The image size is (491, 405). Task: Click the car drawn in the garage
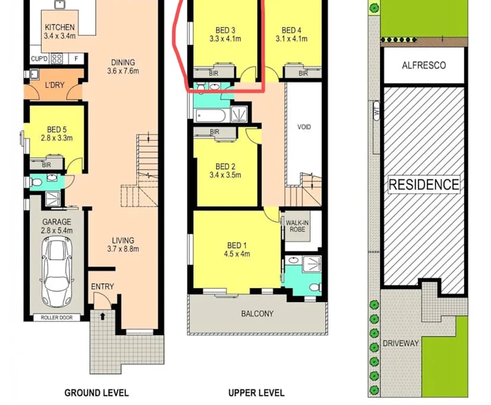point(57,271)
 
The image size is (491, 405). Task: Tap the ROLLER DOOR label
point(57,317)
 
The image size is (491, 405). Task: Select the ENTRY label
point(103,287)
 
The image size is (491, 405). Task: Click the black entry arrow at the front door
point(103,316)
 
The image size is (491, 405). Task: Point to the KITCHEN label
point(59,27)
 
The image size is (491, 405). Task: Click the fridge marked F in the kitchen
point(76,59)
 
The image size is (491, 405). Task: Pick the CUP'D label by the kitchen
point(39,59)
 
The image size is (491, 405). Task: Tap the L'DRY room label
point(55,85)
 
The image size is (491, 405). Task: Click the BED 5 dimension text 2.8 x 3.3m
point(57,138)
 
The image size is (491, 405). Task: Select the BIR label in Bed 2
point(215,131)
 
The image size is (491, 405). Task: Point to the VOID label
point(304,127)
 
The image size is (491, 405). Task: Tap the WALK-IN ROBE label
point(297,226)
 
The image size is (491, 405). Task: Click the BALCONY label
point(257,314)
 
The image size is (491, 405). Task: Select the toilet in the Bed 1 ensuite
point(314,287)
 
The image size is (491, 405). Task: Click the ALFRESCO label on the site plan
point(424,65)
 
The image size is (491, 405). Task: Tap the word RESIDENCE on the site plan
point(424,184)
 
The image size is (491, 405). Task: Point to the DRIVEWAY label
point(400,343)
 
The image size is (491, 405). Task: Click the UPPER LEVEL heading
point(256,393)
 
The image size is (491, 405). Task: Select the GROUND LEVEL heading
point(97,393)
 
